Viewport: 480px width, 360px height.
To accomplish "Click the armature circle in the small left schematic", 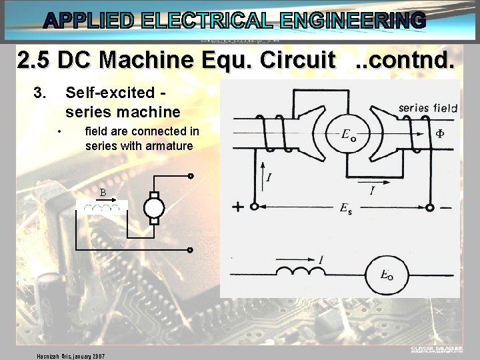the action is [154, 208].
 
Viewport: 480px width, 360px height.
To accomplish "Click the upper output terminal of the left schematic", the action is [190, 177].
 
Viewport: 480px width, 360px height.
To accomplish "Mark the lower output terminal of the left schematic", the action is [190, 250].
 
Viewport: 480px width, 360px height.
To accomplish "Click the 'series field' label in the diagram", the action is [427, 107].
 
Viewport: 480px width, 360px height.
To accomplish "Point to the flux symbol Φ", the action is [440, 133].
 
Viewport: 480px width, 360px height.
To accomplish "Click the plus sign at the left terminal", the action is [237, 207].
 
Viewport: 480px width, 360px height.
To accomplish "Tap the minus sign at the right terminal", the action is [445, 207].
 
